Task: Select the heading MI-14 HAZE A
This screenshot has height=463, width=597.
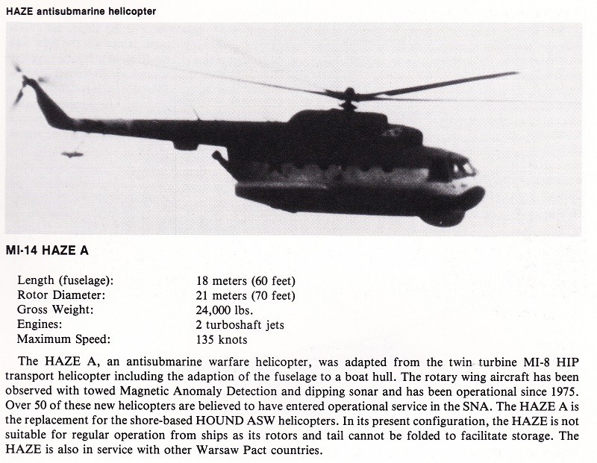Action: coord(46,251)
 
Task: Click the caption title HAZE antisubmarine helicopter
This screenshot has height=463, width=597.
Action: coord(81,10)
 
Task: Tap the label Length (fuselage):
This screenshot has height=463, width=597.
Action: coord(65,280)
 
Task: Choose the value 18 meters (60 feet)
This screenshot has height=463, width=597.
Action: coord(246,280)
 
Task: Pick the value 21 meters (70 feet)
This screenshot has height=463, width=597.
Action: coord(246,295)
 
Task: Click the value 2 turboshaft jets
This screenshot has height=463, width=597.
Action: coord(240,325)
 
